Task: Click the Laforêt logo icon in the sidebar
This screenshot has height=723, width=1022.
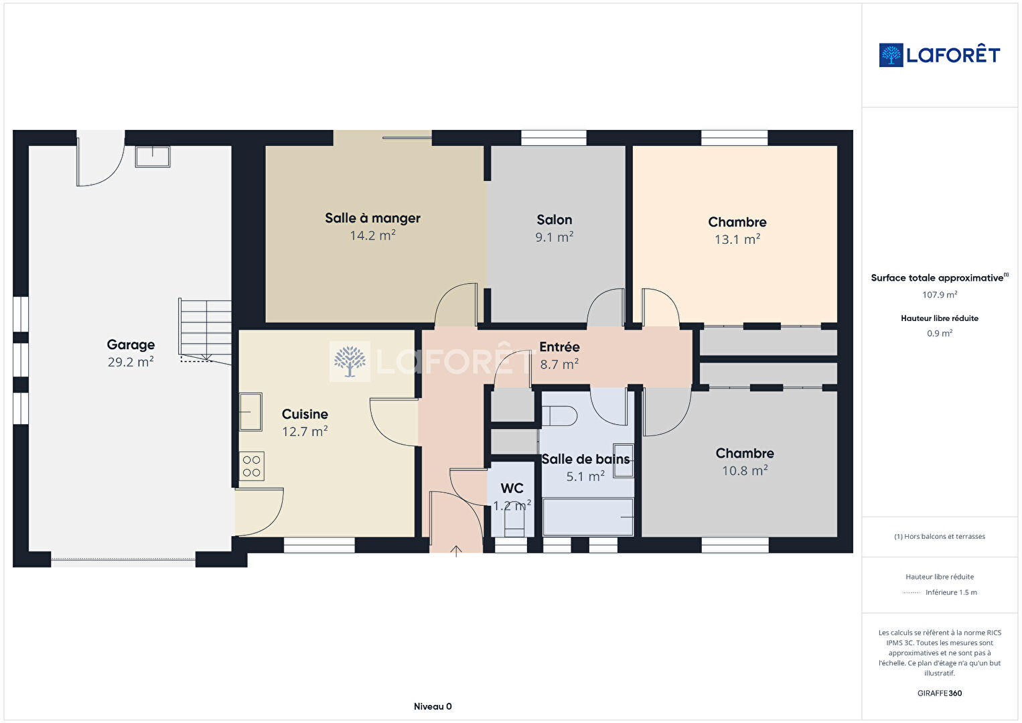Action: (891, 55)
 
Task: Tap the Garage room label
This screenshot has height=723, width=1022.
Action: (131, 344)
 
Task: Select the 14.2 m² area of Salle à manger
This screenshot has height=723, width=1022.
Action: (372, 235)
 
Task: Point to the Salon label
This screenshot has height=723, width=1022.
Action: (555, 220)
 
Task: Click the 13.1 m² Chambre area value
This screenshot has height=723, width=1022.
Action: (737, 239)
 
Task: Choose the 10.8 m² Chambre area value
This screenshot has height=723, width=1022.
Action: (745, 470)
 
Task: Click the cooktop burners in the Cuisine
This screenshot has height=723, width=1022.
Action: (251, 466)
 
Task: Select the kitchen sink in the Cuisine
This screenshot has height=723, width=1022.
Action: (250, 411)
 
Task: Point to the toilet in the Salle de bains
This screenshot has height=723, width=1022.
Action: (559, 416)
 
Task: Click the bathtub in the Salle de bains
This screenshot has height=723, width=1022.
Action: (587, 517)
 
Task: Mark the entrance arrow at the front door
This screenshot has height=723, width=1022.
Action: (456, 551)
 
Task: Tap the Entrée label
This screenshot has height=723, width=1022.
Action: (559, 347)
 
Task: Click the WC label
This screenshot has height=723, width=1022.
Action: (512, 488)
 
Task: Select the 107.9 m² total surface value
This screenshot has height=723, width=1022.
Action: (940, 295)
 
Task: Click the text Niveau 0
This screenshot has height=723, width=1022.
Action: (433, 706)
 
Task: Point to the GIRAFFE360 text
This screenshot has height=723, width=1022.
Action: (940, 694)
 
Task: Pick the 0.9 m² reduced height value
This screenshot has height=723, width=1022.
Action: (940, 333)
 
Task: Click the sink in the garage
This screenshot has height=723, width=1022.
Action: (153, 157)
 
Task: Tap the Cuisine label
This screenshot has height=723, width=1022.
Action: (305, 414)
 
